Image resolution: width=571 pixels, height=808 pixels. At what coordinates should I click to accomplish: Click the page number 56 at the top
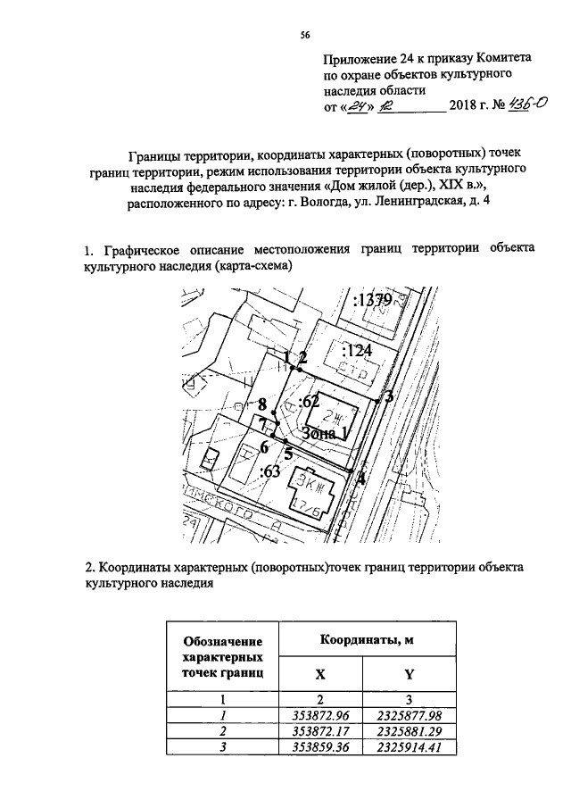(x=304, y=35)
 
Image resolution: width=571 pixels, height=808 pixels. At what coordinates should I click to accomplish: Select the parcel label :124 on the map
(x=356, y=349)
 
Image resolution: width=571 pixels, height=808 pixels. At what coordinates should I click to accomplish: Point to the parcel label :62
(x=309, y=401)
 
